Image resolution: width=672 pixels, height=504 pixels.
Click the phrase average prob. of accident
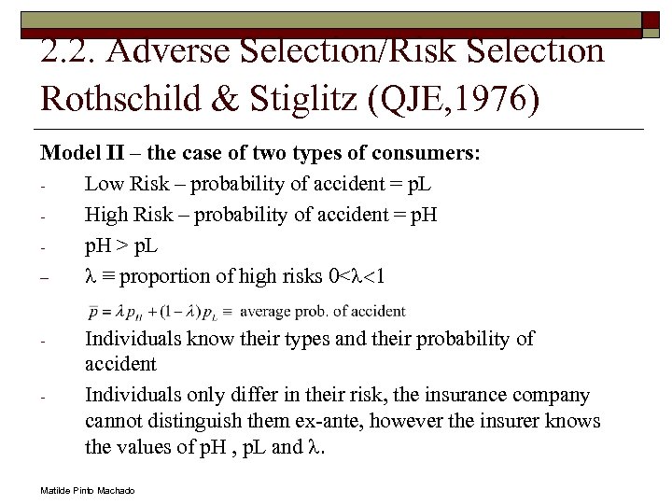coord(322,311)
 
